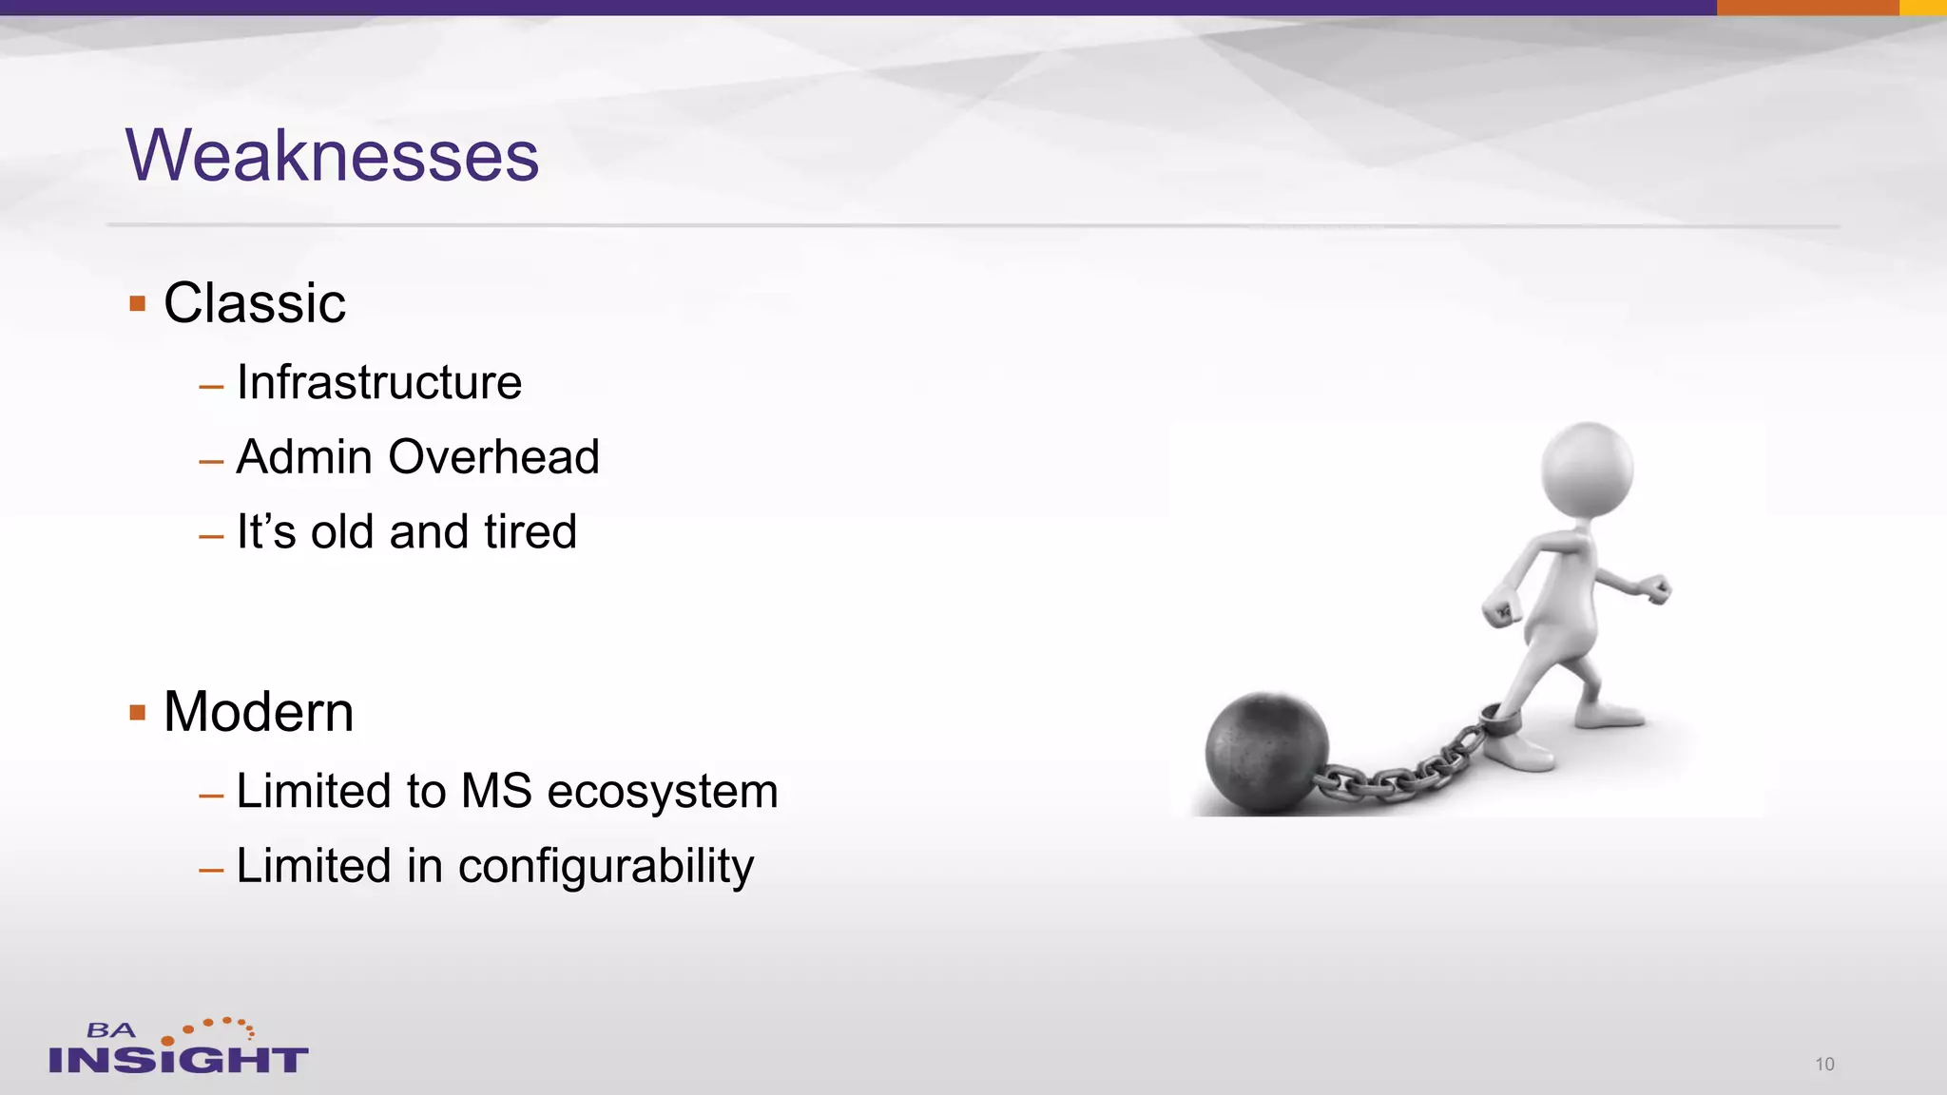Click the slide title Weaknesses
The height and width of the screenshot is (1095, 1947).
click(x=332, y=155)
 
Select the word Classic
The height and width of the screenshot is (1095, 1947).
click(x=254, y=303)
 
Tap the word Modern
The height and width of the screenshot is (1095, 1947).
click(x=259, y=711)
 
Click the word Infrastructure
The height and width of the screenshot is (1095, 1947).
click(x=378, y=382)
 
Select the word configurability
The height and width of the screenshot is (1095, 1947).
click(x=606, y=867)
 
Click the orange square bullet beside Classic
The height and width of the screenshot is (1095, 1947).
click(x=138, y=304)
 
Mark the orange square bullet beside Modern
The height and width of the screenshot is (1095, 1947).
click(x=138, y=712)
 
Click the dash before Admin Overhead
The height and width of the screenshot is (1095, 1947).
click(x=211, y=462)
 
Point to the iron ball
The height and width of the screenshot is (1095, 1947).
click(x=1266, y=752)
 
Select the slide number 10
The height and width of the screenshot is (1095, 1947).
click(x=1824, y=1064)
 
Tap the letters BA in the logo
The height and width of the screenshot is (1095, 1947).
click(x=111, y=1030)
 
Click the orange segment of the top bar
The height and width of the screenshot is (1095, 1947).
click(x=1807, y=8)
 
